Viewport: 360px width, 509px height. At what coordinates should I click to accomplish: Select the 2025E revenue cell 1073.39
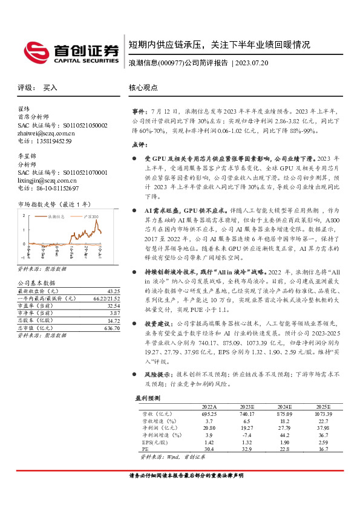(x=324, y=413)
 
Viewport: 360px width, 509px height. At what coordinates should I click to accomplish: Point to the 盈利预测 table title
(x=146, y=398)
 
